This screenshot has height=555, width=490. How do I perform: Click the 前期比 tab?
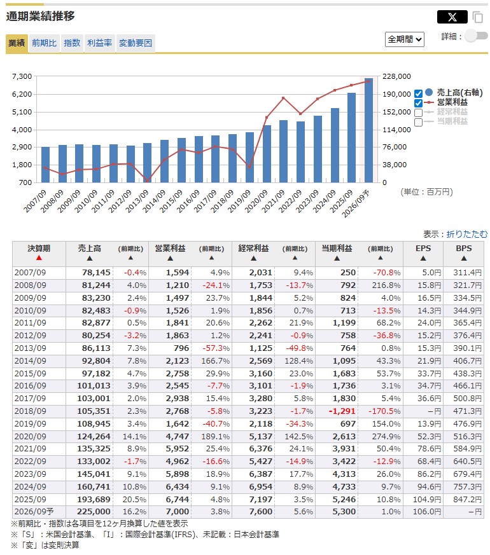(44, 43)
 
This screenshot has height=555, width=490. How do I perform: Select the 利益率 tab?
(99, 43)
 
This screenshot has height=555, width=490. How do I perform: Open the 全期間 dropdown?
(405, 39)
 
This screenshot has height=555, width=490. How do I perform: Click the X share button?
(452, 17)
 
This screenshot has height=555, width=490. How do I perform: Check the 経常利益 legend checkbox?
(419, 113)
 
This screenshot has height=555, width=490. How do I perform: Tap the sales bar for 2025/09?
(351, 137)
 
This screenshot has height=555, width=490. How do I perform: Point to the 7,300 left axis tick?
(22, 76)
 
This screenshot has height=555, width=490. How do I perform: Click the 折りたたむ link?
(467, 234)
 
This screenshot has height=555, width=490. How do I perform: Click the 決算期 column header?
(39, 249)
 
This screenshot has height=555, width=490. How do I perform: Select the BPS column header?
(463, 249)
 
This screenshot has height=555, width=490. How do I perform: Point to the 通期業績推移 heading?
(40, 17)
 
